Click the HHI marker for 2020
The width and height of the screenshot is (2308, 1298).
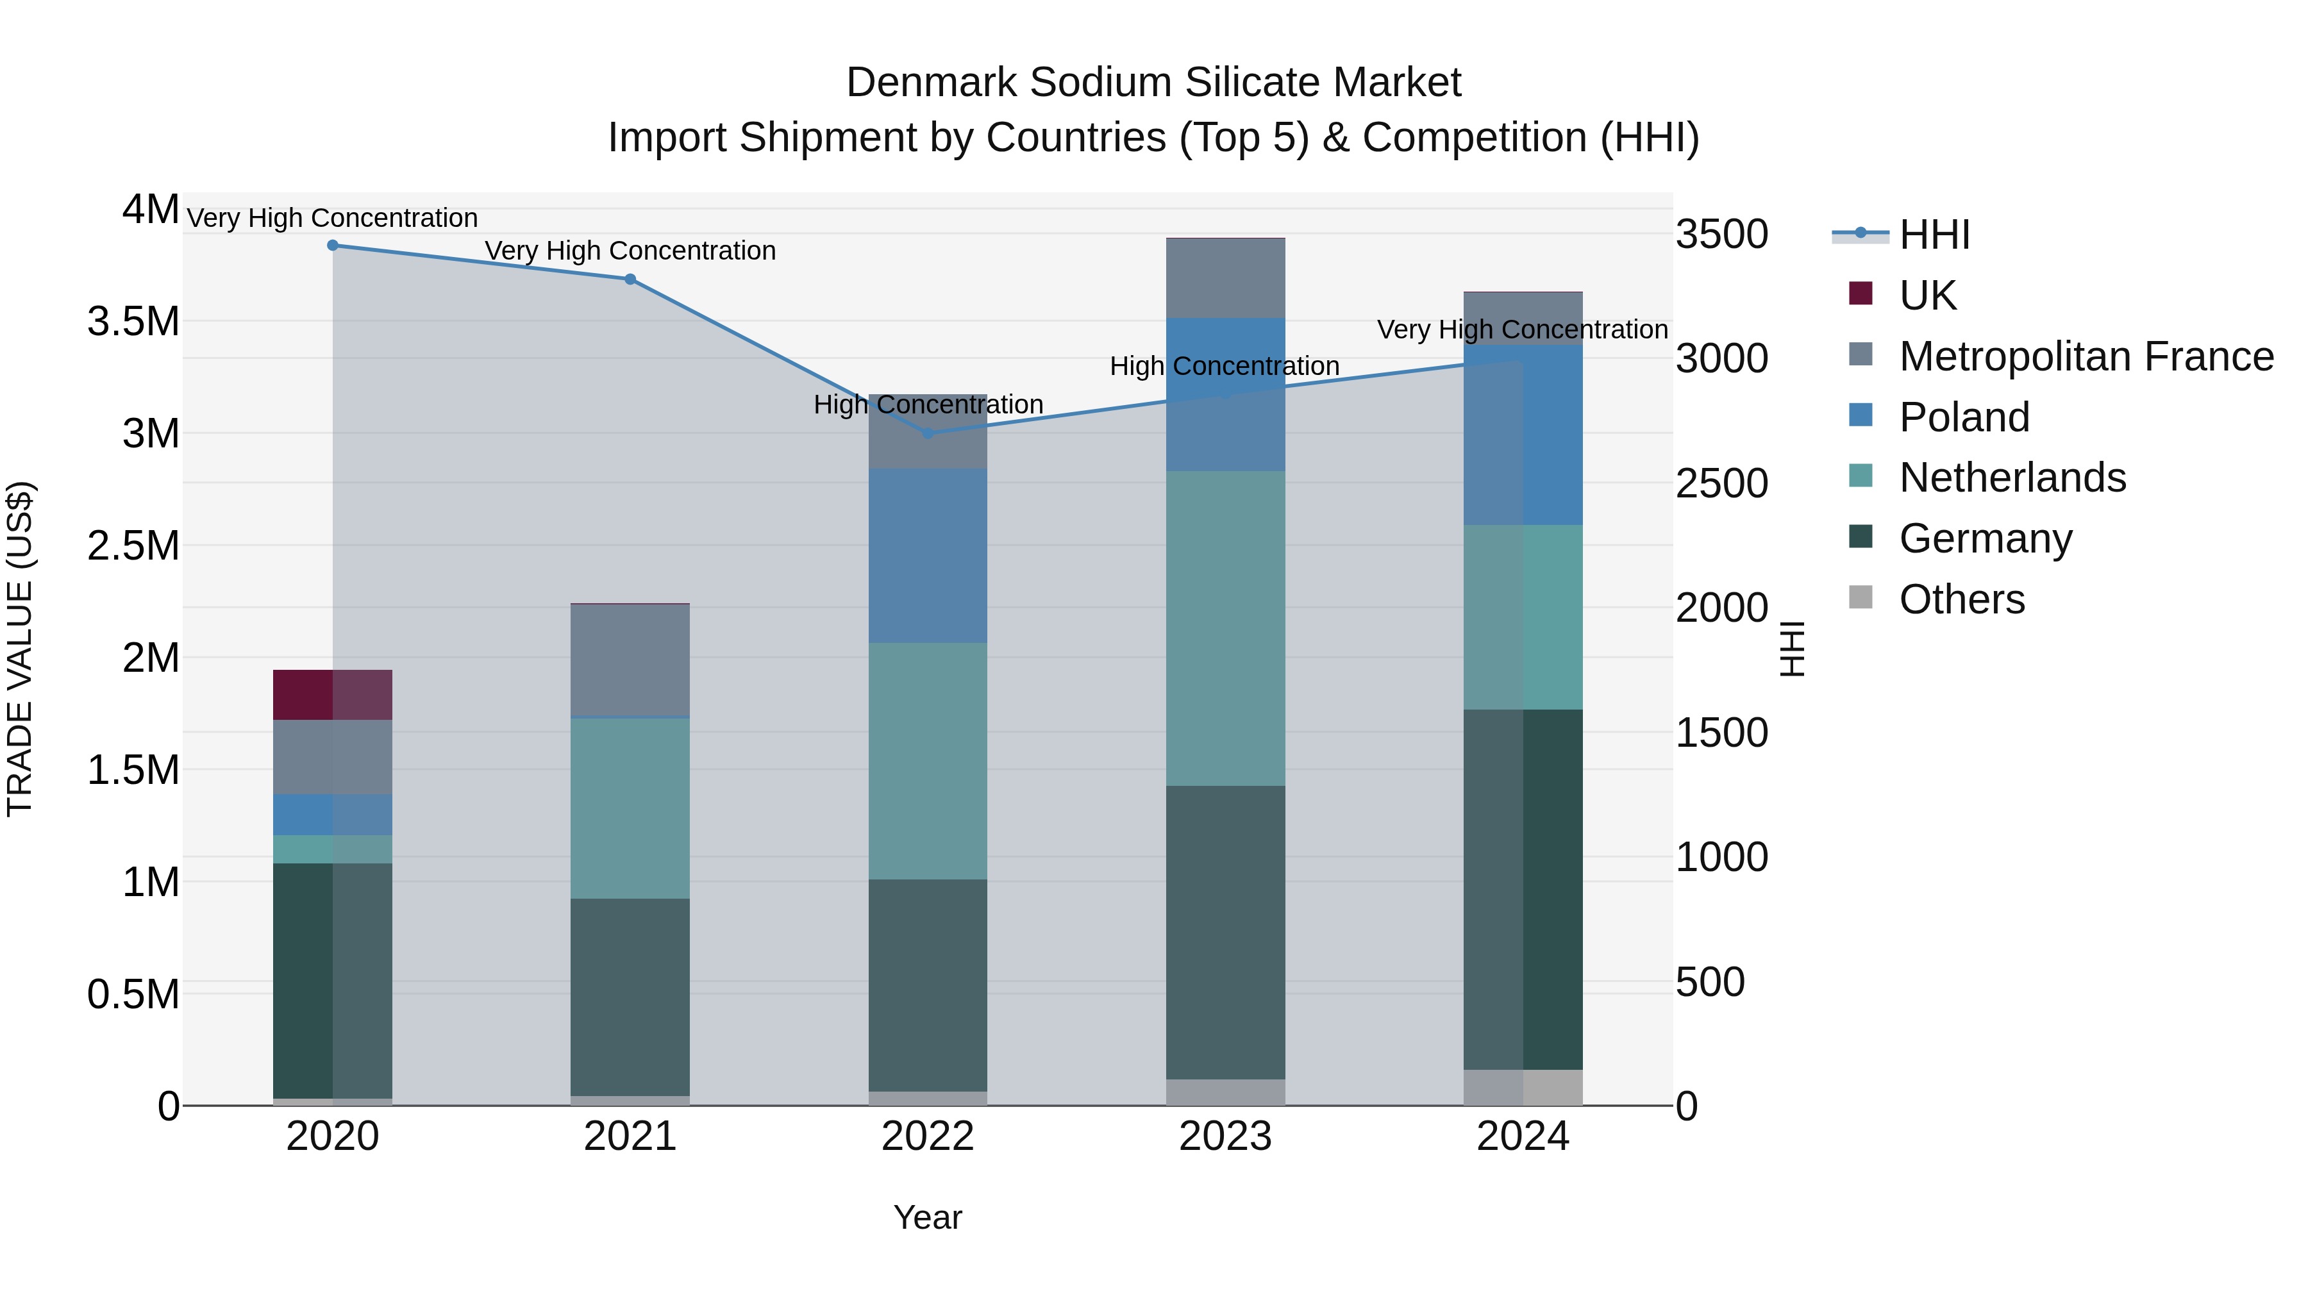(x=332, y=245)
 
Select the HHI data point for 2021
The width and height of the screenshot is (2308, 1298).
(x=630, y=279)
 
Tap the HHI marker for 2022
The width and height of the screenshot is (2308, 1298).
(x=928, y=433)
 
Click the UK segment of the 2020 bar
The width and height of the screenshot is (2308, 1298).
(x=332, y=695)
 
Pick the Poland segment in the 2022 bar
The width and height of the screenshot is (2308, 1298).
(x=928, y=555)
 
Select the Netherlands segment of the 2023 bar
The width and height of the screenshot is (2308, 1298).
(x=1226, y=629)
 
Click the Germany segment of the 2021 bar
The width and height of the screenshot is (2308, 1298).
(x=630, y=996)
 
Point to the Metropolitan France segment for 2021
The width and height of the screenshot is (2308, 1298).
(x=630, y=661)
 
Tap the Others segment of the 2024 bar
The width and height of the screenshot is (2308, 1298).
(x=1523, y=1088)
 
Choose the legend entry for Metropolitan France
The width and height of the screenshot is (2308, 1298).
(x=2086, y=356)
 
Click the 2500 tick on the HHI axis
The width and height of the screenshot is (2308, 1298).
(x=1721, y=484)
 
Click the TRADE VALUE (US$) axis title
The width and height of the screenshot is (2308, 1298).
(x=20, y=649)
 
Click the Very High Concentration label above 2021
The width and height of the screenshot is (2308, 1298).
(x=630, y=251)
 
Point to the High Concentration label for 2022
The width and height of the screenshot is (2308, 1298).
(x=928, y=405)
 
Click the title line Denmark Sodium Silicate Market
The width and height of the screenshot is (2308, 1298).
(x=1153, y=83)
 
